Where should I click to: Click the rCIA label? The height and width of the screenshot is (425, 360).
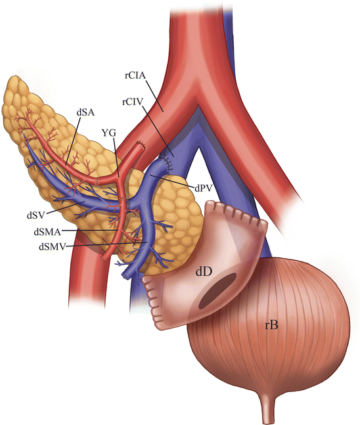[135, 75]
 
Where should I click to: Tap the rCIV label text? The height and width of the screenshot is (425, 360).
[133, 102]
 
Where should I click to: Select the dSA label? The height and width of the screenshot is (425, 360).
[85, 112]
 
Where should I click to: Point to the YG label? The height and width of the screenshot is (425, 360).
[109, 133]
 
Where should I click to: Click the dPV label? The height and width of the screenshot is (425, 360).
[203, 188]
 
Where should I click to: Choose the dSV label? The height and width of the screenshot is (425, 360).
[35, 215]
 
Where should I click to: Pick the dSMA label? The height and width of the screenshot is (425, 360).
[47, 232]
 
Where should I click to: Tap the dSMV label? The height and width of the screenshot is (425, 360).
[53, 246]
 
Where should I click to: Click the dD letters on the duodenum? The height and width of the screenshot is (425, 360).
[204, 272]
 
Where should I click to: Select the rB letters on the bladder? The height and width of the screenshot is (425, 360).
[271, 325]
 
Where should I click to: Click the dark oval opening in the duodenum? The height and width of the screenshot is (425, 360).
[217, 289]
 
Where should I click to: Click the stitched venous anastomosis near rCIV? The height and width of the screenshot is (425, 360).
[166, 162]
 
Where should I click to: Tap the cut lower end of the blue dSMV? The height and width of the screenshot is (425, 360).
[125, 276]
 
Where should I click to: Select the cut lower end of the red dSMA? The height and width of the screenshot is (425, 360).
[104, 258]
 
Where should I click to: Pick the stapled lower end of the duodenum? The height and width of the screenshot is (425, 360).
[152, 301]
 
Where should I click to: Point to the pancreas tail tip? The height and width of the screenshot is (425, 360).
[14, 81]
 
